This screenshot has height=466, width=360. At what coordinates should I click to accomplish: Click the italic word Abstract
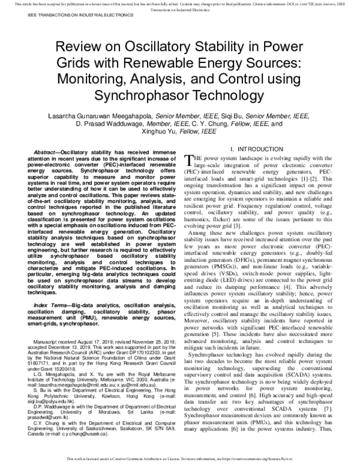35,153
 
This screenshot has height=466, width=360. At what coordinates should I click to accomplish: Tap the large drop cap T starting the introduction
187,159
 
